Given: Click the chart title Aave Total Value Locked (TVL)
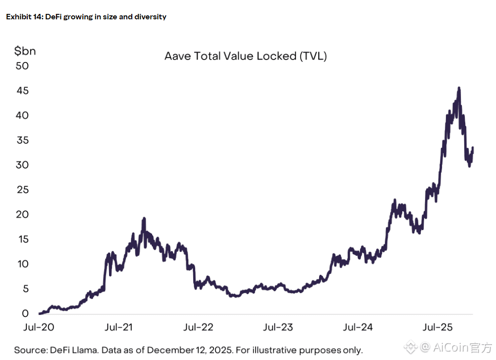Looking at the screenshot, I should pos(245,56).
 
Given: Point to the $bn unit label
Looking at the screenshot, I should pos(25,51).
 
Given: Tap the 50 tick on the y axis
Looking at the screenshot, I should pos(22,66).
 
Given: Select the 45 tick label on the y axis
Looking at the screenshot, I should pos(22,91).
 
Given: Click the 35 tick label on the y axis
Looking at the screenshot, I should pos(22,140).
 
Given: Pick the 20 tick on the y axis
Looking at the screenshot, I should pos(22,215).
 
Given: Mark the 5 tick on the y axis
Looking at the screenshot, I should pos(25,289).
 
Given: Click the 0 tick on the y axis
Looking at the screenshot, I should pos(25,314).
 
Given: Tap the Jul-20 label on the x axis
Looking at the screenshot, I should pos(39,327).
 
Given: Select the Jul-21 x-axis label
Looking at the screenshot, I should pos(119,327).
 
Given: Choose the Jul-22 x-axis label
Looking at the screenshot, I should pos(198,327).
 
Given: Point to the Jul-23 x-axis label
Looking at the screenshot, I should pos(278,327).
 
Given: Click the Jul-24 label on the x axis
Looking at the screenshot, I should pos(358,327).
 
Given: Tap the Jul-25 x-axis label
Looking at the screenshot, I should pos(438,327).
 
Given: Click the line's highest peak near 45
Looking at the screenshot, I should pos(459,88).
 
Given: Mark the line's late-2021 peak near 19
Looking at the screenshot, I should pos(144,219).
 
